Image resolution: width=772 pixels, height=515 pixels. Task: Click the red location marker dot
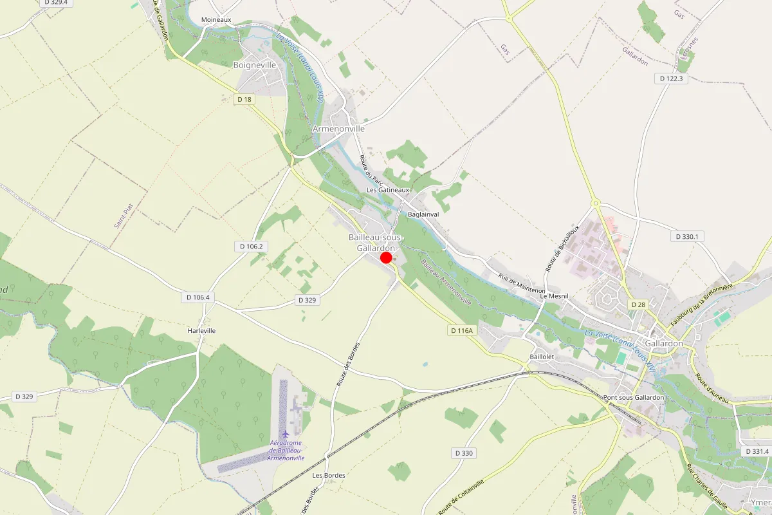pos(386,257)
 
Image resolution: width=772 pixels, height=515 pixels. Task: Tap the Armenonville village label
pos(338,129)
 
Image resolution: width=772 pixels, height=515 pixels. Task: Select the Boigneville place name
pos(254,65)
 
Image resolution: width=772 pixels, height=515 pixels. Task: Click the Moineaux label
pos(216,20)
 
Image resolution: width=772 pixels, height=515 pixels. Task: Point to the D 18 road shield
pos(244,99)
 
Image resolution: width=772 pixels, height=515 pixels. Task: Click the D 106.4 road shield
pos(198,297)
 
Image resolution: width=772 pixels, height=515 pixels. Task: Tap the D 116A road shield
pos(461,330)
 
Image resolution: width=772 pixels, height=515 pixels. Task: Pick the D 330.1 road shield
pos(687,237)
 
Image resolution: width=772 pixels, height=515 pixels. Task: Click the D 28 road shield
pos(638,304)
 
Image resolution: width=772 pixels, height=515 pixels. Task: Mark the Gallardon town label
pos(663,344)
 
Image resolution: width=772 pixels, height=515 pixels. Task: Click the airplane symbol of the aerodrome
pos(286,433)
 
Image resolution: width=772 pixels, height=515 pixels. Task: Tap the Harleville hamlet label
pos(201,330)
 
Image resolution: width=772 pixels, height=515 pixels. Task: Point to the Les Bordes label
pos(328,475)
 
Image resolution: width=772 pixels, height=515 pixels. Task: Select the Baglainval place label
pos(423,214)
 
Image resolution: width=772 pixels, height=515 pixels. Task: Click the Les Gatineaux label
pos(388,191)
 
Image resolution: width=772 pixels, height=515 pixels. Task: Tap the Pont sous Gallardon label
pos(634,398)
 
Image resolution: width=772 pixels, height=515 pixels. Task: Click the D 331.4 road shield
pos(756,451)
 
